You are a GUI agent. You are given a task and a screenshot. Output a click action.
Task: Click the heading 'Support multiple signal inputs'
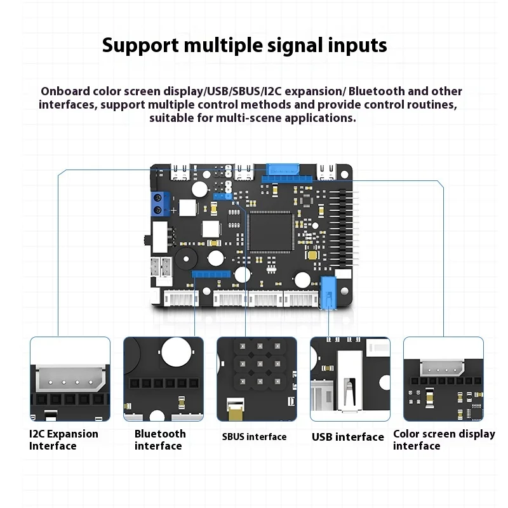[244, 46]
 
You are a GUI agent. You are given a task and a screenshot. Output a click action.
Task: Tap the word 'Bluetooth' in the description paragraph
[378, 91]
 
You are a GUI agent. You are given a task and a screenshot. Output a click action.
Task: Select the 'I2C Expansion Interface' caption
[63, 439]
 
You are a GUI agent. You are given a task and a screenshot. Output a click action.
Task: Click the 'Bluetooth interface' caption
[160, 439]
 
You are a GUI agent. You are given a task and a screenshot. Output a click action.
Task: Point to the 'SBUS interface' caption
[254, 437]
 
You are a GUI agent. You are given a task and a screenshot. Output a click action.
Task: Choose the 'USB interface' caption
[347, 437]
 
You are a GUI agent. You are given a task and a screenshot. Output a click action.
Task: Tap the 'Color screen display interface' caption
[443, 439]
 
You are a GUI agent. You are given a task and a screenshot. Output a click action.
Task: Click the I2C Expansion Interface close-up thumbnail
[70, 378]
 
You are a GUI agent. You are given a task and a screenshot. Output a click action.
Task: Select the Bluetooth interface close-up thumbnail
[163, 378]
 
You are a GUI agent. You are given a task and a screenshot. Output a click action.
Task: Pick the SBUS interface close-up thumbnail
[257, 378]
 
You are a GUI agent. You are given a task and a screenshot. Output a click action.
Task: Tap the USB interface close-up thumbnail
[350, 378]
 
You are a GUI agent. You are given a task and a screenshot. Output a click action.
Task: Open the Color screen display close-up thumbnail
[443, 378]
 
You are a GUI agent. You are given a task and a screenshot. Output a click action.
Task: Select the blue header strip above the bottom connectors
[210, 274]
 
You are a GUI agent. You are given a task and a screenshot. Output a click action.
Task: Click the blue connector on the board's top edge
[283, 170]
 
